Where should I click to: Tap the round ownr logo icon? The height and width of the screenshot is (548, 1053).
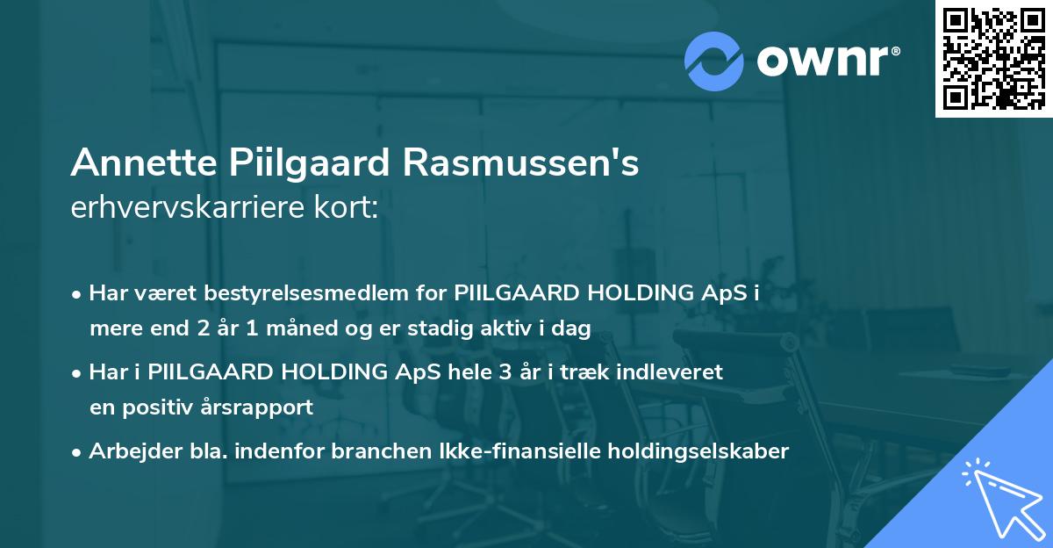point(714,61)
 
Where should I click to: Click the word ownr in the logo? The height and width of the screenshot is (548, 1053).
point(827,60)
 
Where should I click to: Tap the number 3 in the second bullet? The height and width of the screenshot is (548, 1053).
point(505,372)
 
